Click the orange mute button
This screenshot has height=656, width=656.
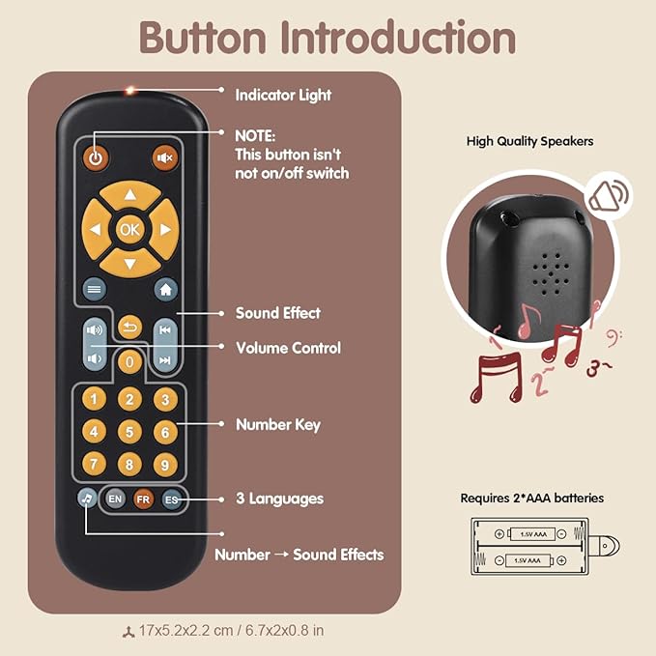[165, 157]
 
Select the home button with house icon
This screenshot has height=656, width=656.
[165, 288]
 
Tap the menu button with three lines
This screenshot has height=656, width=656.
[94, 288]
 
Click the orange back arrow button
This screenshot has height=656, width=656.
[130, 328]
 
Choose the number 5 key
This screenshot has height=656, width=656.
[129, 431]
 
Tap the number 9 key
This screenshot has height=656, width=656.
[165, 465]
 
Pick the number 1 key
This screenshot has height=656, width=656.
[94, 398]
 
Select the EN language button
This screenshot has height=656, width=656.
[115, 499]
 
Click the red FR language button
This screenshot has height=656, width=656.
[143, 499]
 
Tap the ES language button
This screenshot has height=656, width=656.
[171, 499]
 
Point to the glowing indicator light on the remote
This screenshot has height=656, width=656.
[128, 92]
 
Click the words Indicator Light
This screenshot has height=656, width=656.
[283, 95]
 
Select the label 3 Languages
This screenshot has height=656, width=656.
[280, 499]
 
